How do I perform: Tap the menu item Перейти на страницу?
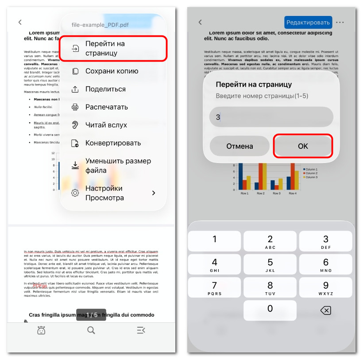click(x=113, y=49)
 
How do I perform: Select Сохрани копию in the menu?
click(x=112, y=71)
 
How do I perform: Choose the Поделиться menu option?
click(x=105, y=89)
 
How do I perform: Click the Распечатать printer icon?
click(x=75, y=107)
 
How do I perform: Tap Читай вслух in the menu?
click(x=106, y=125)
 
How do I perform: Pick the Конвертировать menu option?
click(x=113, y=143)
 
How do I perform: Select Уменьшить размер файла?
click(x=118, y=166)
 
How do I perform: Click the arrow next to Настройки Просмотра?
click(x=154, y=193)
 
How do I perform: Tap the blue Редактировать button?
click(x=308, y=22)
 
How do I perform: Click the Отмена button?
click(x=239, y=146)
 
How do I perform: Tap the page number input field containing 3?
click(x=271, y=117)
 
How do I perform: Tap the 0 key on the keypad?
click(x=270, y=310)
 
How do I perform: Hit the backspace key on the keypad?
click(x=325, y=310)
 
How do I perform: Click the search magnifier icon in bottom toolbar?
click(x=91, y=330)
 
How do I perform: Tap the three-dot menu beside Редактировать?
click(x=340, y=22)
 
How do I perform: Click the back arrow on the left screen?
click(x=20, y=22)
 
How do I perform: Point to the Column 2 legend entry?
click(x=311, y=173)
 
